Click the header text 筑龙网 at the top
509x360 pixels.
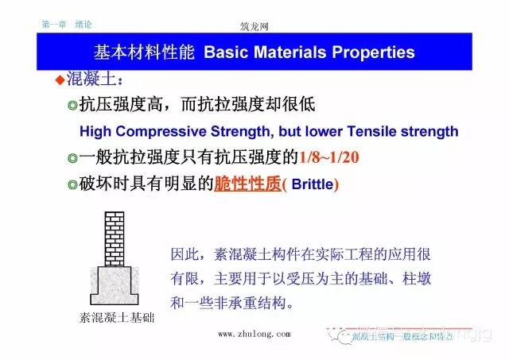tap(254, 25)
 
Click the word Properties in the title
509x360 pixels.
tap(369, 53)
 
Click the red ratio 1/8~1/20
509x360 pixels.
tap(328, 157)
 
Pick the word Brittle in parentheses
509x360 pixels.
tap(313, 184)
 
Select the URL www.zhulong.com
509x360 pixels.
tap(254, 334)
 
